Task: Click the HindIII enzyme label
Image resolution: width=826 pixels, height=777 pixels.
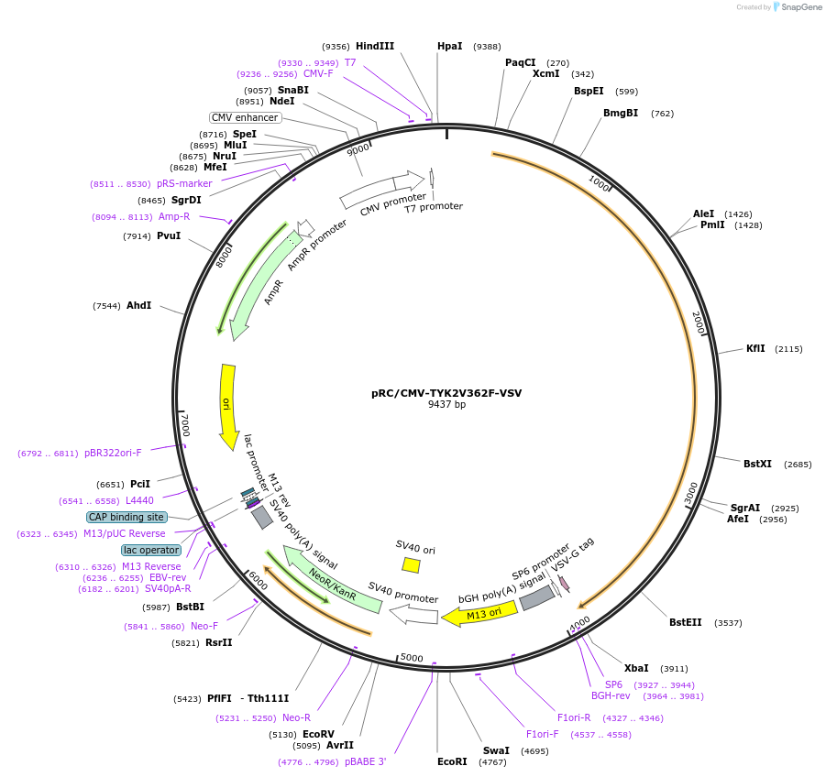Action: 375,46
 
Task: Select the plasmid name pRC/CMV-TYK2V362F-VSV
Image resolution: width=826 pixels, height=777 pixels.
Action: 446,393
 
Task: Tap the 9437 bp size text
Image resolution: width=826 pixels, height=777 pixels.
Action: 446,404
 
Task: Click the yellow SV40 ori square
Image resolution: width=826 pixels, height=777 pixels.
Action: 412,565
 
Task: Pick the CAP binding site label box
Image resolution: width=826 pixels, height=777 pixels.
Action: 127,518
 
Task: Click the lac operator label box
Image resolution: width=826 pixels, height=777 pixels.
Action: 151,550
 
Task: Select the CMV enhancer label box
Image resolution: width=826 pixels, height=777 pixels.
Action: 245,117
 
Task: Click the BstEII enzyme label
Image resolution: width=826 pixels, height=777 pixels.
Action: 685,622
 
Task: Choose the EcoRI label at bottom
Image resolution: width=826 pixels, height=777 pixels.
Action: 452,761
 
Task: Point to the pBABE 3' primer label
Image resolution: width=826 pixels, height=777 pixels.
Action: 365,761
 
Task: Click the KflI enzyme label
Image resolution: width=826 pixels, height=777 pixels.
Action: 755,349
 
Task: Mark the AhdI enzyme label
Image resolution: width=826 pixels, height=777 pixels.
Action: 138,306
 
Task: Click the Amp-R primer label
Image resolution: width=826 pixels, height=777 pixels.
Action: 174,216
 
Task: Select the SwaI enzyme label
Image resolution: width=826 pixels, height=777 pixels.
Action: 496,750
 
